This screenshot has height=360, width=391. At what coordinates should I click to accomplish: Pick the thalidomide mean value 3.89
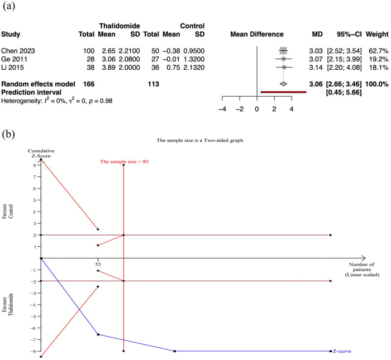108,67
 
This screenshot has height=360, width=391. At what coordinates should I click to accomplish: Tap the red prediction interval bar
283,92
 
